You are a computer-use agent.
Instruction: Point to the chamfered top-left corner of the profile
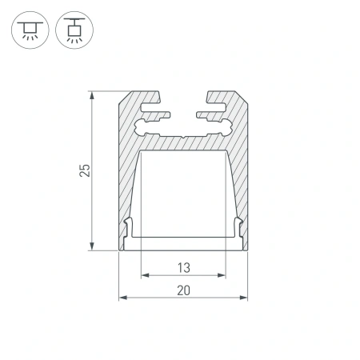[124, 97]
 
